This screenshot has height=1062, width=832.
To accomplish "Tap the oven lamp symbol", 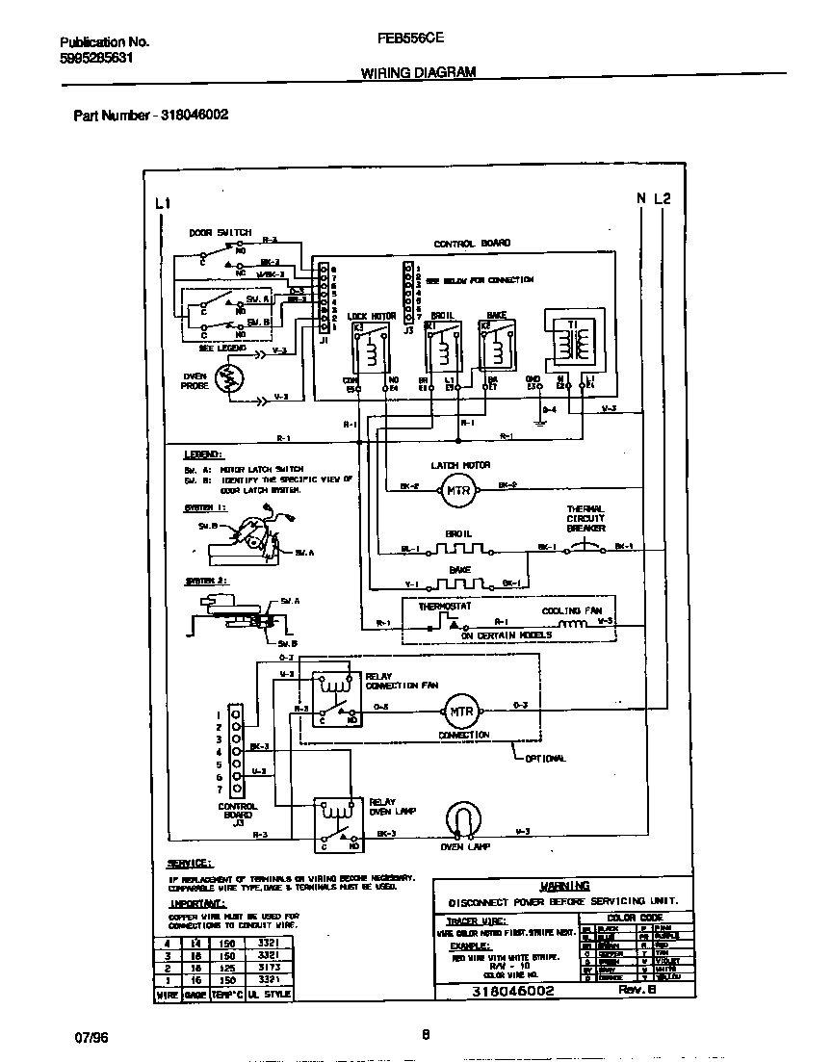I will pos(463,820).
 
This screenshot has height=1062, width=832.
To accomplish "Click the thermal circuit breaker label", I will pos(585,519).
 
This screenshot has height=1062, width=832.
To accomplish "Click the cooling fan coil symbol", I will pos(576,623).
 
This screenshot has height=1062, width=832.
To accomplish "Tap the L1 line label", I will pos(162,203).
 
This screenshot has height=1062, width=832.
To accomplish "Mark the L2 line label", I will pos(662,199).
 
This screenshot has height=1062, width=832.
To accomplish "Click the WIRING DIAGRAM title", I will pos(417,72).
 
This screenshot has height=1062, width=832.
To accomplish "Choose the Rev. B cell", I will pos(630,990).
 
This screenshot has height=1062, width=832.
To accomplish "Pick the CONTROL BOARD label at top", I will pos(472,245).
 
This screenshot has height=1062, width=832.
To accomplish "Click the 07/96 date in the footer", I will pos(90,1038).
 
